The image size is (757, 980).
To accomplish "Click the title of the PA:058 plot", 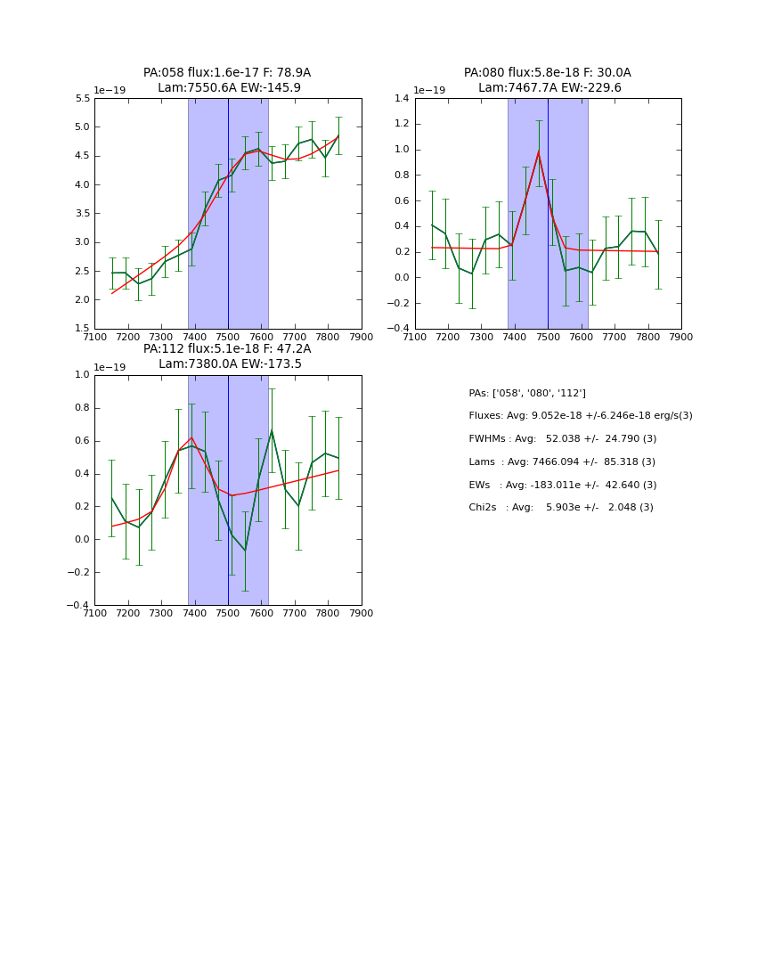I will tap(227, 80).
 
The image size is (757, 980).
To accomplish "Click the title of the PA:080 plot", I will tap(547, 80).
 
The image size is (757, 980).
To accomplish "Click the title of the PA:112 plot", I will tap(227, 356).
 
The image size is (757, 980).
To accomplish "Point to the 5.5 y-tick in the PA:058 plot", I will tap(81, 99).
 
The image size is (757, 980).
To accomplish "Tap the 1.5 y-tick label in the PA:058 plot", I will tap(81, 329).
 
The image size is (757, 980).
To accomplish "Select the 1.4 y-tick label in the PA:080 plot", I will tap(401, 99).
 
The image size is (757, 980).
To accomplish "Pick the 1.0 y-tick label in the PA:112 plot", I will tap(81, 375).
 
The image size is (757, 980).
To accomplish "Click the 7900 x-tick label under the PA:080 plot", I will tap(681, 337).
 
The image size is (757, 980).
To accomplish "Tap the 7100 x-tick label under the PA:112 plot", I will tap(94, 613).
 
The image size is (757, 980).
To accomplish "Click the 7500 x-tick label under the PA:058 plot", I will tap(228, 337).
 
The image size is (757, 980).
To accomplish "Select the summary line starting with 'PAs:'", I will tap(526, 393).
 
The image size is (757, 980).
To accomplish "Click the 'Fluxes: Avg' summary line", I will tap(580, 416).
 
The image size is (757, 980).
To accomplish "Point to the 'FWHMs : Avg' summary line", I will tap(562, 439).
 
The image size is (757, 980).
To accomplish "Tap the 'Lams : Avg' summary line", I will tap(561, 462).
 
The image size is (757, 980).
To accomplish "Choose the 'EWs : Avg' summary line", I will tap(562, 485).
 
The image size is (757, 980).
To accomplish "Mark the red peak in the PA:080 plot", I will tap(539, 151).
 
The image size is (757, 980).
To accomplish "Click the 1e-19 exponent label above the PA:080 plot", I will tap(429, 90).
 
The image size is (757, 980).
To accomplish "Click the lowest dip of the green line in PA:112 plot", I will tap(245, 551).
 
